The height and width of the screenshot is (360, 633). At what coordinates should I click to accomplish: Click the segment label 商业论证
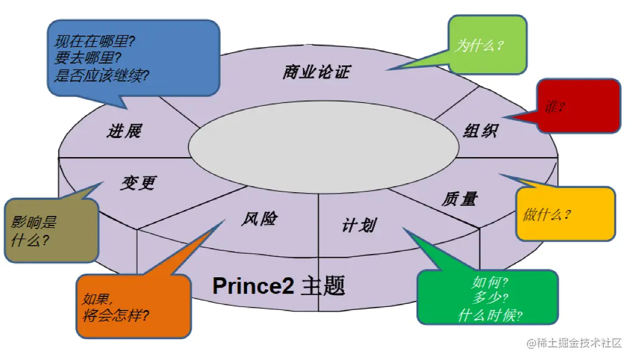[316, 73]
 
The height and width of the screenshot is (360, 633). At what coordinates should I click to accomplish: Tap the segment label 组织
[480, 131]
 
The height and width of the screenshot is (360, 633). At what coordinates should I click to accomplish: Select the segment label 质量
[459, 199]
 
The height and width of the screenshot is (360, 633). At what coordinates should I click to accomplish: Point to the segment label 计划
[358, 225]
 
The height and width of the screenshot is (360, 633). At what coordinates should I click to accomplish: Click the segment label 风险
[259, 218]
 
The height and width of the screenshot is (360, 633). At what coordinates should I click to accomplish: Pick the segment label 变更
[138, 183]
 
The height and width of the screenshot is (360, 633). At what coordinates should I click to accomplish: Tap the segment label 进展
[124, 131]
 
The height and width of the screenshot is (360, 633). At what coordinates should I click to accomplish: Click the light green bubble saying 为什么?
[487, 45]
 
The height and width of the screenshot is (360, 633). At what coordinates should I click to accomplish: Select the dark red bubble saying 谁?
[578, 107]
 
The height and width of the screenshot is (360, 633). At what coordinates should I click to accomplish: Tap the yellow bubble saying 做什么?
[565, 214]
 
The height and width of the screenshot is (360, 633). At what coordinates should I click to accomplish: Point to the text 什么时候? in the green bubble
[490, 315]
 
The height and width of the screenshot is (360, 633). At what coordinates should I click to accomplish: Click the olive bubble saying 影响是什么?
[51, 231]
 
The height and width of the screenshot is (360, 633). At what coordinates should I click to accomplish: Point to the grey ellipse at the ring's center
[322, 146]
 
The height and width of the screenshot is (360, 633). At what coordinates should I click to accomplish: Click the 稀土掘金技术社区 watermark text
[580, 343]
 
